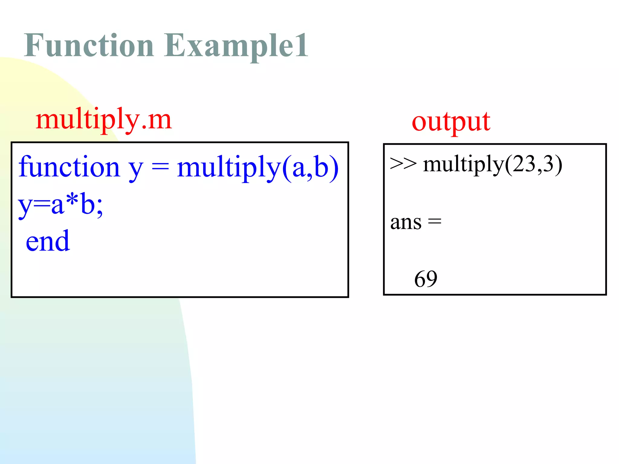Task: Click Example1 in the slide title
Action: [x=230, y=46]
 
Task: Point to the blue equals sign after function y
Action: [x=160, y=167]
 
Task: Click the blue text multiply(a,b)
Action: [x=258, y=168]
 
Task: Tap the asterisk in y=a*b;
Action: [x=73, y=201]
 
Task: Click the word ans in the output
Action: [x=406, y=223]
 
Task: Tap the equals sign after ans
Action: [x=435, y=222]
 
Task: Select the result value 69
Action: [x=426, y=279]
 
